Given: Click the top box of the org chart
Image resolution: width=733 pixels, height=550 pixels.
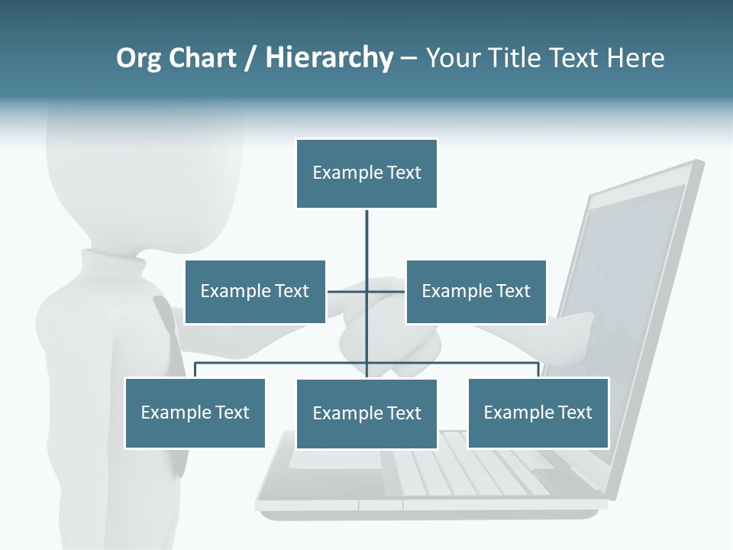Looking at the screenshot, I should click(x=366, y=173).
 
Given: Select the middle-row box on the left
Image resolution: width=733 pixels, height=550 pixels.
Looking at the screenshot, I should click(x=255, y=291).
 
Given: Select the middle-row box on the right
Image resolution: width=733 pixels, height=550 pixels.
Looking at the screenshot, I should click(x=476, y=291).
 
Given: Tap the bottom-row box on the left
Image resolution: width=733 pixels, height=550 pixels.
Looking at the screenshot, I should click(x=195, y=412).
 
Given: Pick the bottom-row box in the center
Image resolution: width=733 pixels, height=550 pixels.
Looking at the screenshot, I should click(x=366, y=413).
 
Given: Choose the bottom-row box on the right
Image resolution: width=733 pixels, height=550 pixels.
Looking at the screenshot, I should click(x=538, y=412).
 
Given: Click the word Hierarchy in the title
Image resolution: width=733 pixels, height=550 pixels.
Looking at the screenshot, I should click(x=329, y=58).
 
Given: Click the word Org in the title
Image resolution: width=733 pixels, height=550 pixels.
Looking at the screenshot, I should click(x=138, y=58).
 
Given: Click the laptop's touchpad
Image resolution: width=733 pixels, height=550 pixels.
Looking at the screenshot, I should click(x=336, y=458).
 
